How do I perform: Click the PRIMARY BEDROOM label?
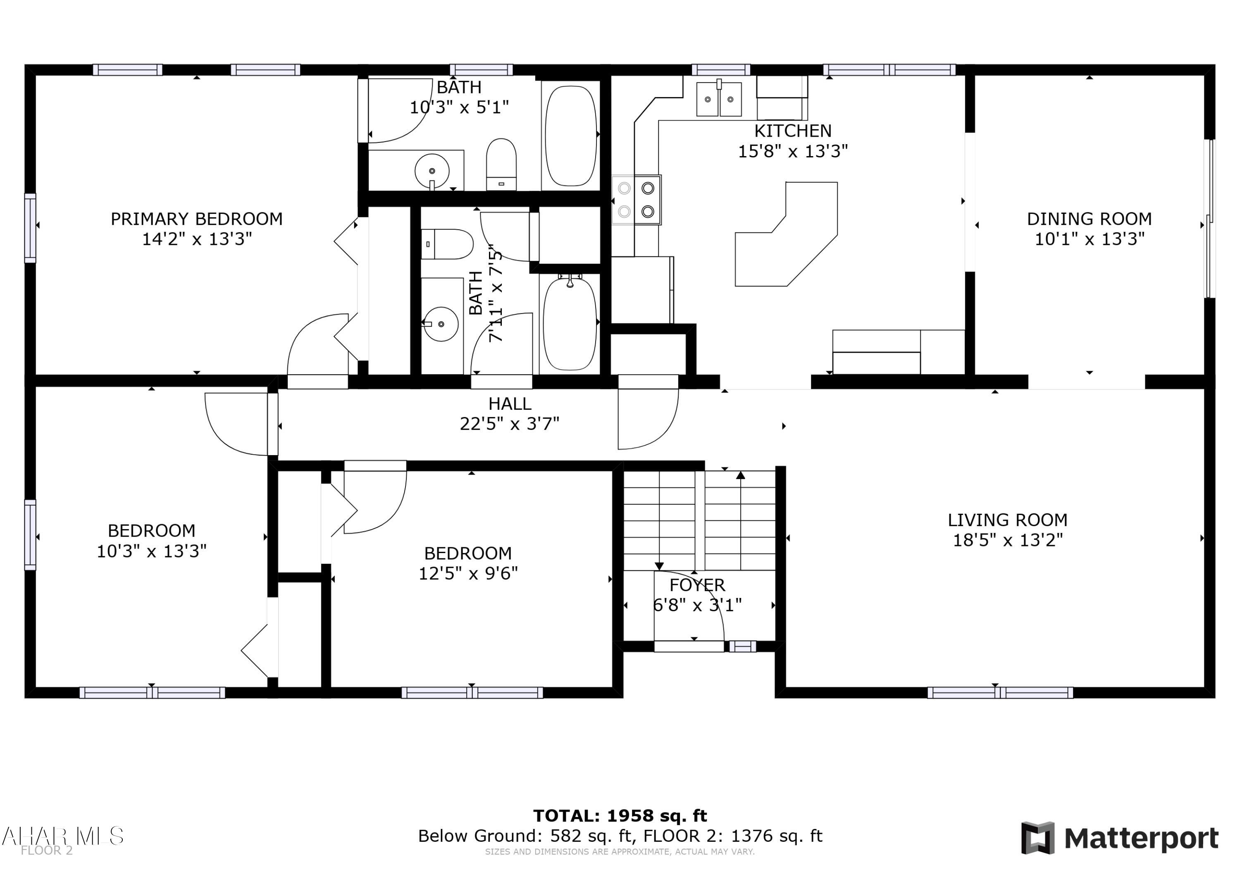(197, 218)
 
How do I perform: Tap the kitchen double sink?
(719, 99)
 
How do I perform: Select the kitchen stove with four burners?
(636, 200)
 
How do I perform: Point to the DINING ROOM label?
(1089, 218)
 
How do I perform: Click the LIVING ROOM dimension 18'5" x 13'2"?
(1007, 540)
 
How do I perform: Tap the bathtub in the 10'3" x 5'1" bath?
(571, 135)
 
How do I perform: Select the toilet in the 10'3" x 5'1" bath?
(501, 164)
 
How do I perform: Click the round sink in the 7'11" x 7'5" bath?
(441, 324)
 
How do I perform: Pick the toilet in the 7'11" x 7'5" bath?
(448, 244)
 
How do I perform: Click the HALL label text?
(509, 404)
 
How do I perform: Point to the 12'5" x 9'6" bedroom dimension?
(468, 573)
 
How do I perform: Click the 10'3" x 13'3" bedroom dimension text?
(151, 551)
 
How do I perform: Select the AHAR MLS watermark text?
(62, 836)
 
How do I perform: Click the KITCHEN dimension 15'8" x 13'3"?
(792, 151)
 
